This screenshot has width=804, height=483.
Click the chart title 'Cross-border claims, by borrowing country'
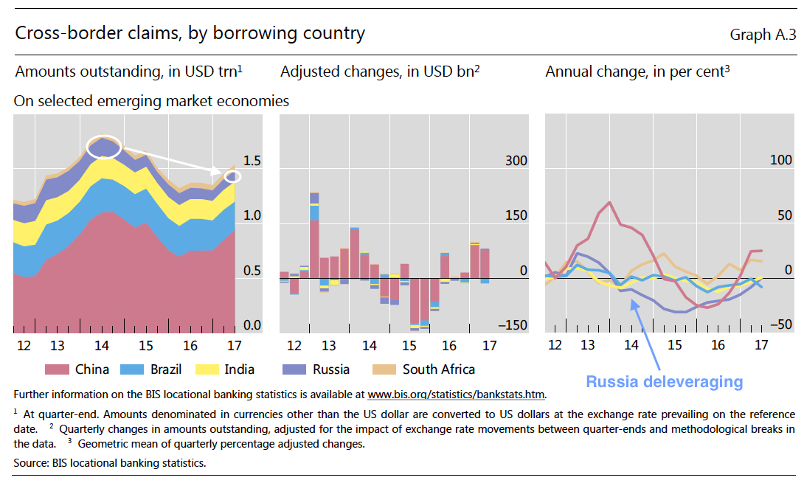coord(190,33)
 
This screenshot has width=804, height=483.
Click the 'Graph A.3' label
coord(763,35)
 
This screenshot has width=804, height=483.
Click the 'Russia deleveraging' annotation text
coord(664,382)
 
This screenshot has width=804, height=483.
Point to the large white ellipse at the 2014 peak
coord(104,146)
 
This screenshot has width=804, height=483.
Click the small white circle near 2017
coord(232,176)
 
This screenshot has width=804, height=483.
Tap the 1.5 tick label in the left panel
coord(252,161)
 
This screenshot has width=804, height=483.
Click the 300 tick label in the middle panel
coord(516,161)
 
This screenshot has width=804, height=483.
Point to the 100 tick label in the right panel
coord(780,161)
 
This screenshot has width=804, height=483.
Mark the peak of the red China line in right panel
coord(609,202)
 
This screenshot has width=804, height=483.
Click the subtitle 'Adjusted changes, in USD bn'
coord(380,72)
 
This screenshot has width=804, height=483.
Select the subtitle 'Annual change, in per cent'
coord(637,72)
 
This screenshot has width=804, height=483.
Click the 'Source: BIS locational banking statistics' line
coord(110,463)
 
